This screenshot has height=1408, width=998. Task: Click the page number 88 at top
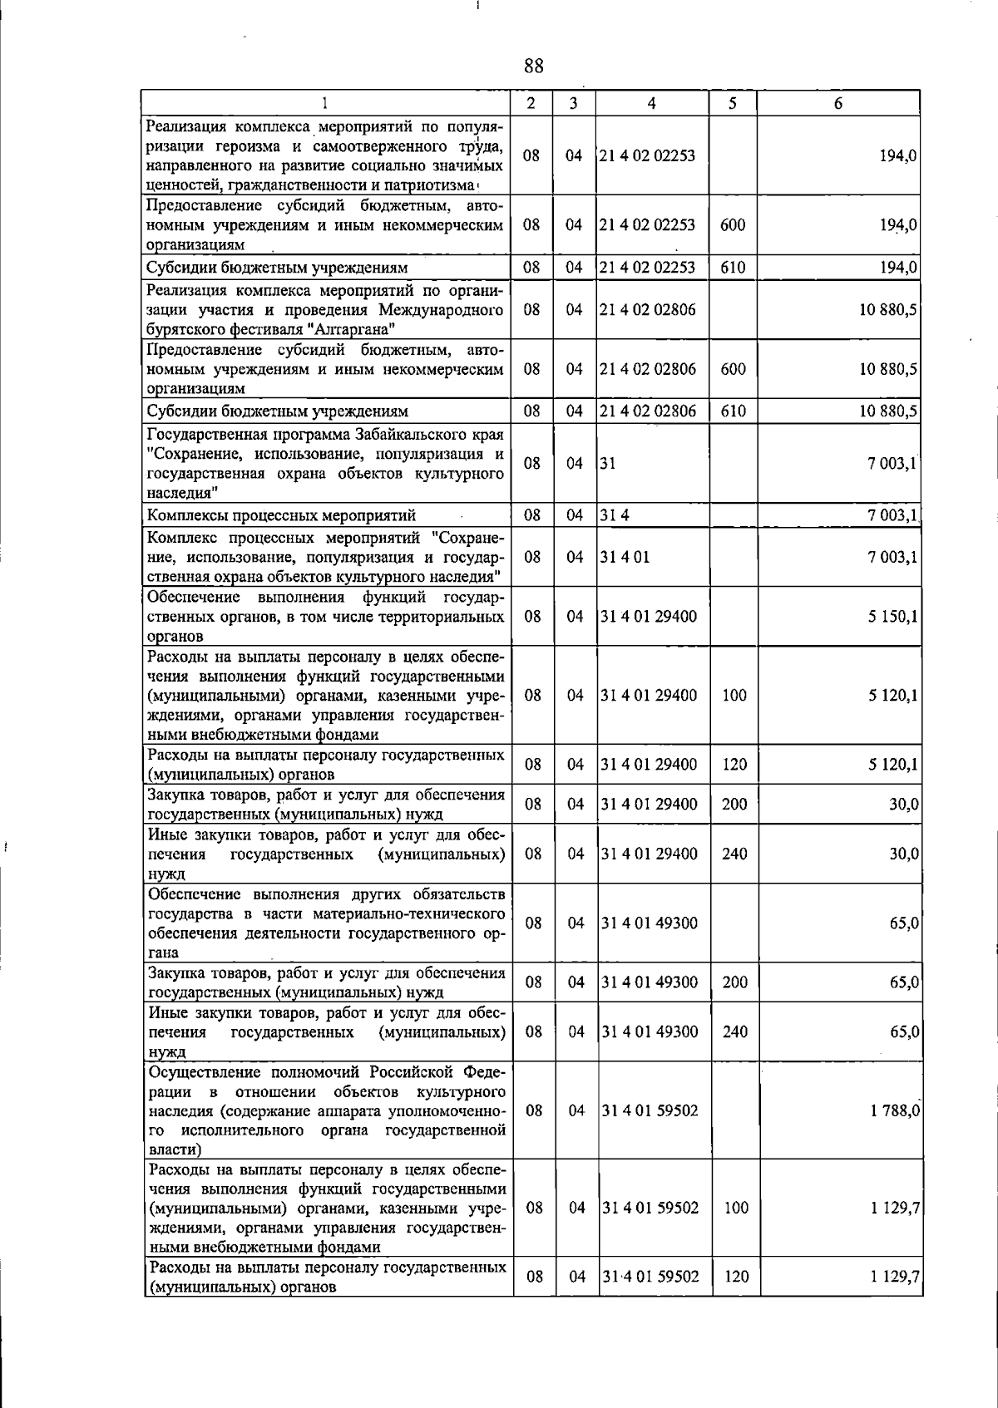pyautogui.click(x=534, y=67)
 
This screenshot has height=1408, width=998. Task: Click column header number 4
pyautogui.click(x=651, y=104)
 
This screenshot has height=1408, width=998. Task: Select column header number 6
pyautogui.click(x=838, y=104)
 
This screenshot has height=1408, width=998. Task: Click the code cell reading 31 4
pyautogui.click(x=615, y=515)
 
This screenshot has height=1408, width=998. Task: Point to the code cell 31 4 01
pyautogui.click(x=625, y=557)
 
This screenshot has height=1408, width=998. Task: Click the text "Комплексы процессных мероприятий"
pyautogui.click(x=281, y=515)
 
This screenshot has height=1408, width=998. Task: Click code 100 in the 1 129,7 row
pyautogui.click(x=736, y=1209)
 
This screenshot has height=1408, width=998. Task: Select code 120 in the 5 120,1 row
pyautogui.click(x=734, y=765)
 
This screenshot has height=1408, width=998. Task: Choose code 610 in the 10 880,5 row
pyautogui.click(x=733, y=411)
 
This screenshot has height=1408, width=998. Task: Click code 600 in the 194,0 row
pyautogui.click(x=733, y=225)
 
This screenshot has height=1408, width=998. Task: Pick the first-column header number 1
pyautogui.click(x=324, y=104)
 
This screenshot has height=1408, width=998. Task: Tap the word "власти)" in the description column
pyautogui.click(x=175, y=1150)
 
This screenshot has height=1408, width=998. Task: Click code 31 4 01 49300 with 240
pyautogui.click(x=650, y=1032)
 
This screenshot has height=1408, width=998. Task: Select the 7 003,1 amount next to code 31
pyautogui.click(x=892, y=464)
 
